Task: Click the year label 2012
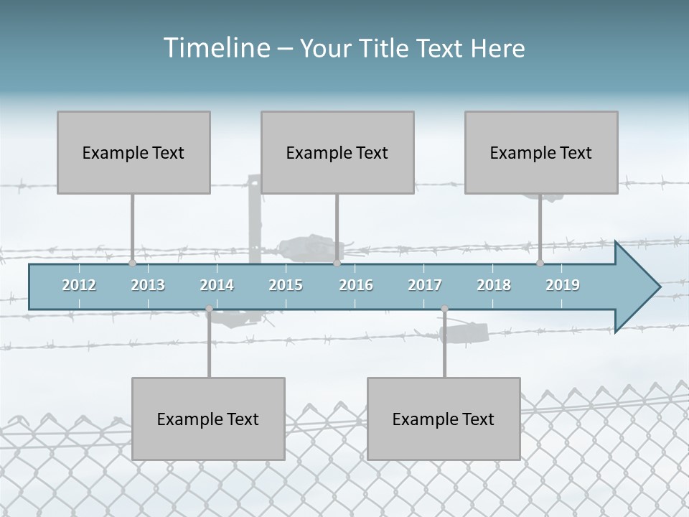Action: pyautogui.click(x=79, y=285)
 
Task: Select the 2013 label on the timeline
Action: pyautogui.click(x=148, y=285)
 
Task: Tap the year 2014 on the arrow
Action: pyautogui.click(x=217, y=285)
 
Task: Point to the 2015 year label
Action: pyautogui.click(x=286, y=285)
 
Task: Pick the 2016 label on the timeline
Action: pyautogui.click(x=356, y=285)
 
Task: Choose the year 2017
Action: pyautogui.click(x=425, y=285)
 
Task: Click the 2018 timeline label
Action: pyautogui.click(x=494, y=285)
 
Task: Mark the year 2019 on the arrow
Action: pyautogui.click(x=563, y=285)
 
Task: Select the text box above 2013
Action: pyautogui.click(x=133, y=152)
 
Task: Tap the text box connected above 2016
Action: pyautogui.click(x=337, y=152)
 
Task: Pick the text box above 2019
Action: pyautogui.click(x=541, y=152)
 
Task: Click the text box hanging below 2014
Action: pyautogui.click(x=208, y=419)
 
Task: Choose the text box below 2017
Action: pyautogui.click(x=444, y=419)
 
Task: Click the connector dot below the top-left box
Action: pyautogui.click(x=132, y=264)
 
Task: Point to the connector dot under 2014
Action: pyautogui.click(x=209, y=309)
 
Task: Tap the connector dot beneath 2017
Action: pyautogui.click(x=444, y=309)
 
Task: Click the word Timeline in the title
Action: pyautogui.click(x=216, y=47)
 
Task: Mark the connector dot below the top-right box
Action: pyautogui.click(x=540, y=264)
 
